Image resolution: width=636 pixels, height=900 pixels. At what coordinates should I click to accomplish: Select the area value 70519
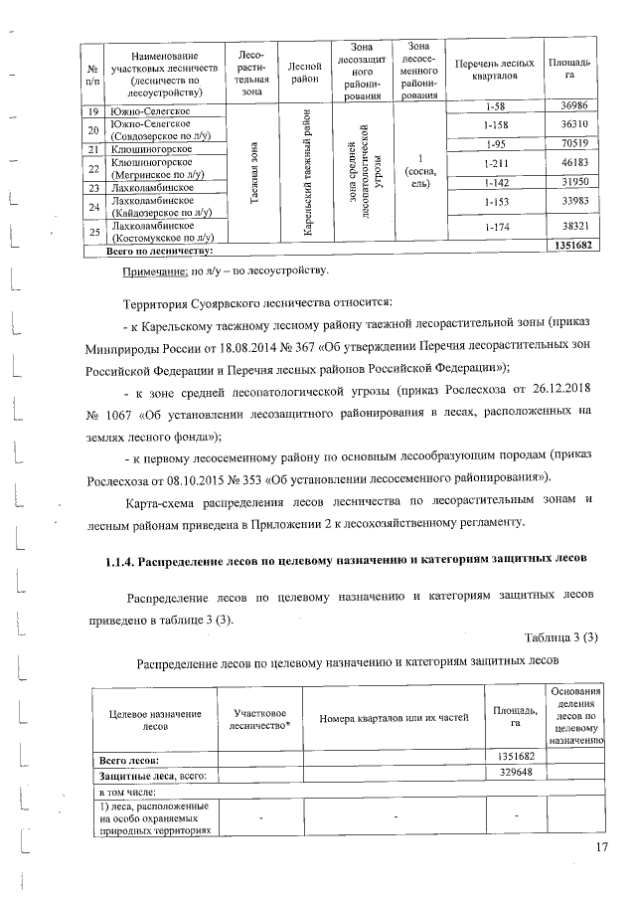[x=569, y=143]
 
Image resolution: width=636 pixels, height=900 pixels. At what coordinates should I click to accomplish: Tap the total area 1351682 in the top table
[x=572, y=245]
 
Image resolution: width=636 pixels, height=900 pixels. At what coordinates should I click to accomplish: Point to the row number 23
[x=91, y=187]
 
